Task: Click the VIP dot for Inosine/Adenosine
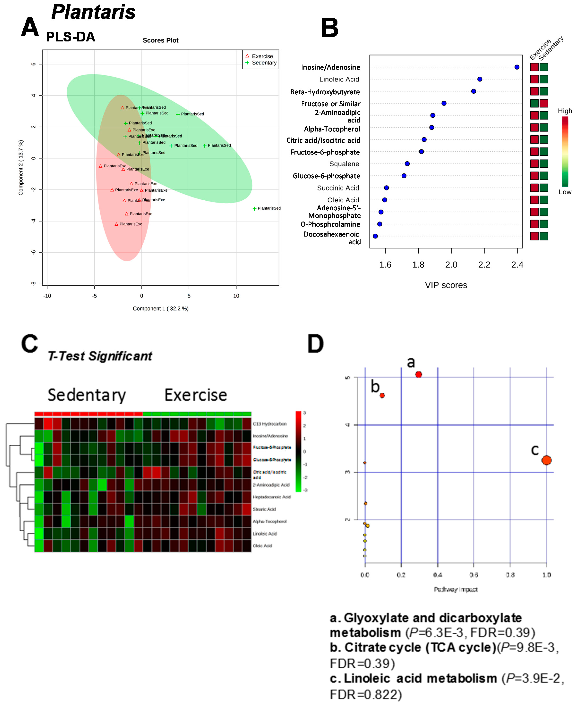517,67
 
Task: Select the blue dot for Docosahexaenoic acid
375,236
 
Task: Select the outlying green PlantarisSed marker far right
254,208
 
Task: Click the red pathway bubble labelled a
419,374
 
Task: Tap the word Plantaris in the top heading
94,12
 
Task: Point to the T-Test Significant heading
100,356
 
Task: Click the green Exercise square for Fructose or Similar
534,103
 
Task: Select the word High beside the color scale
565,111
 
